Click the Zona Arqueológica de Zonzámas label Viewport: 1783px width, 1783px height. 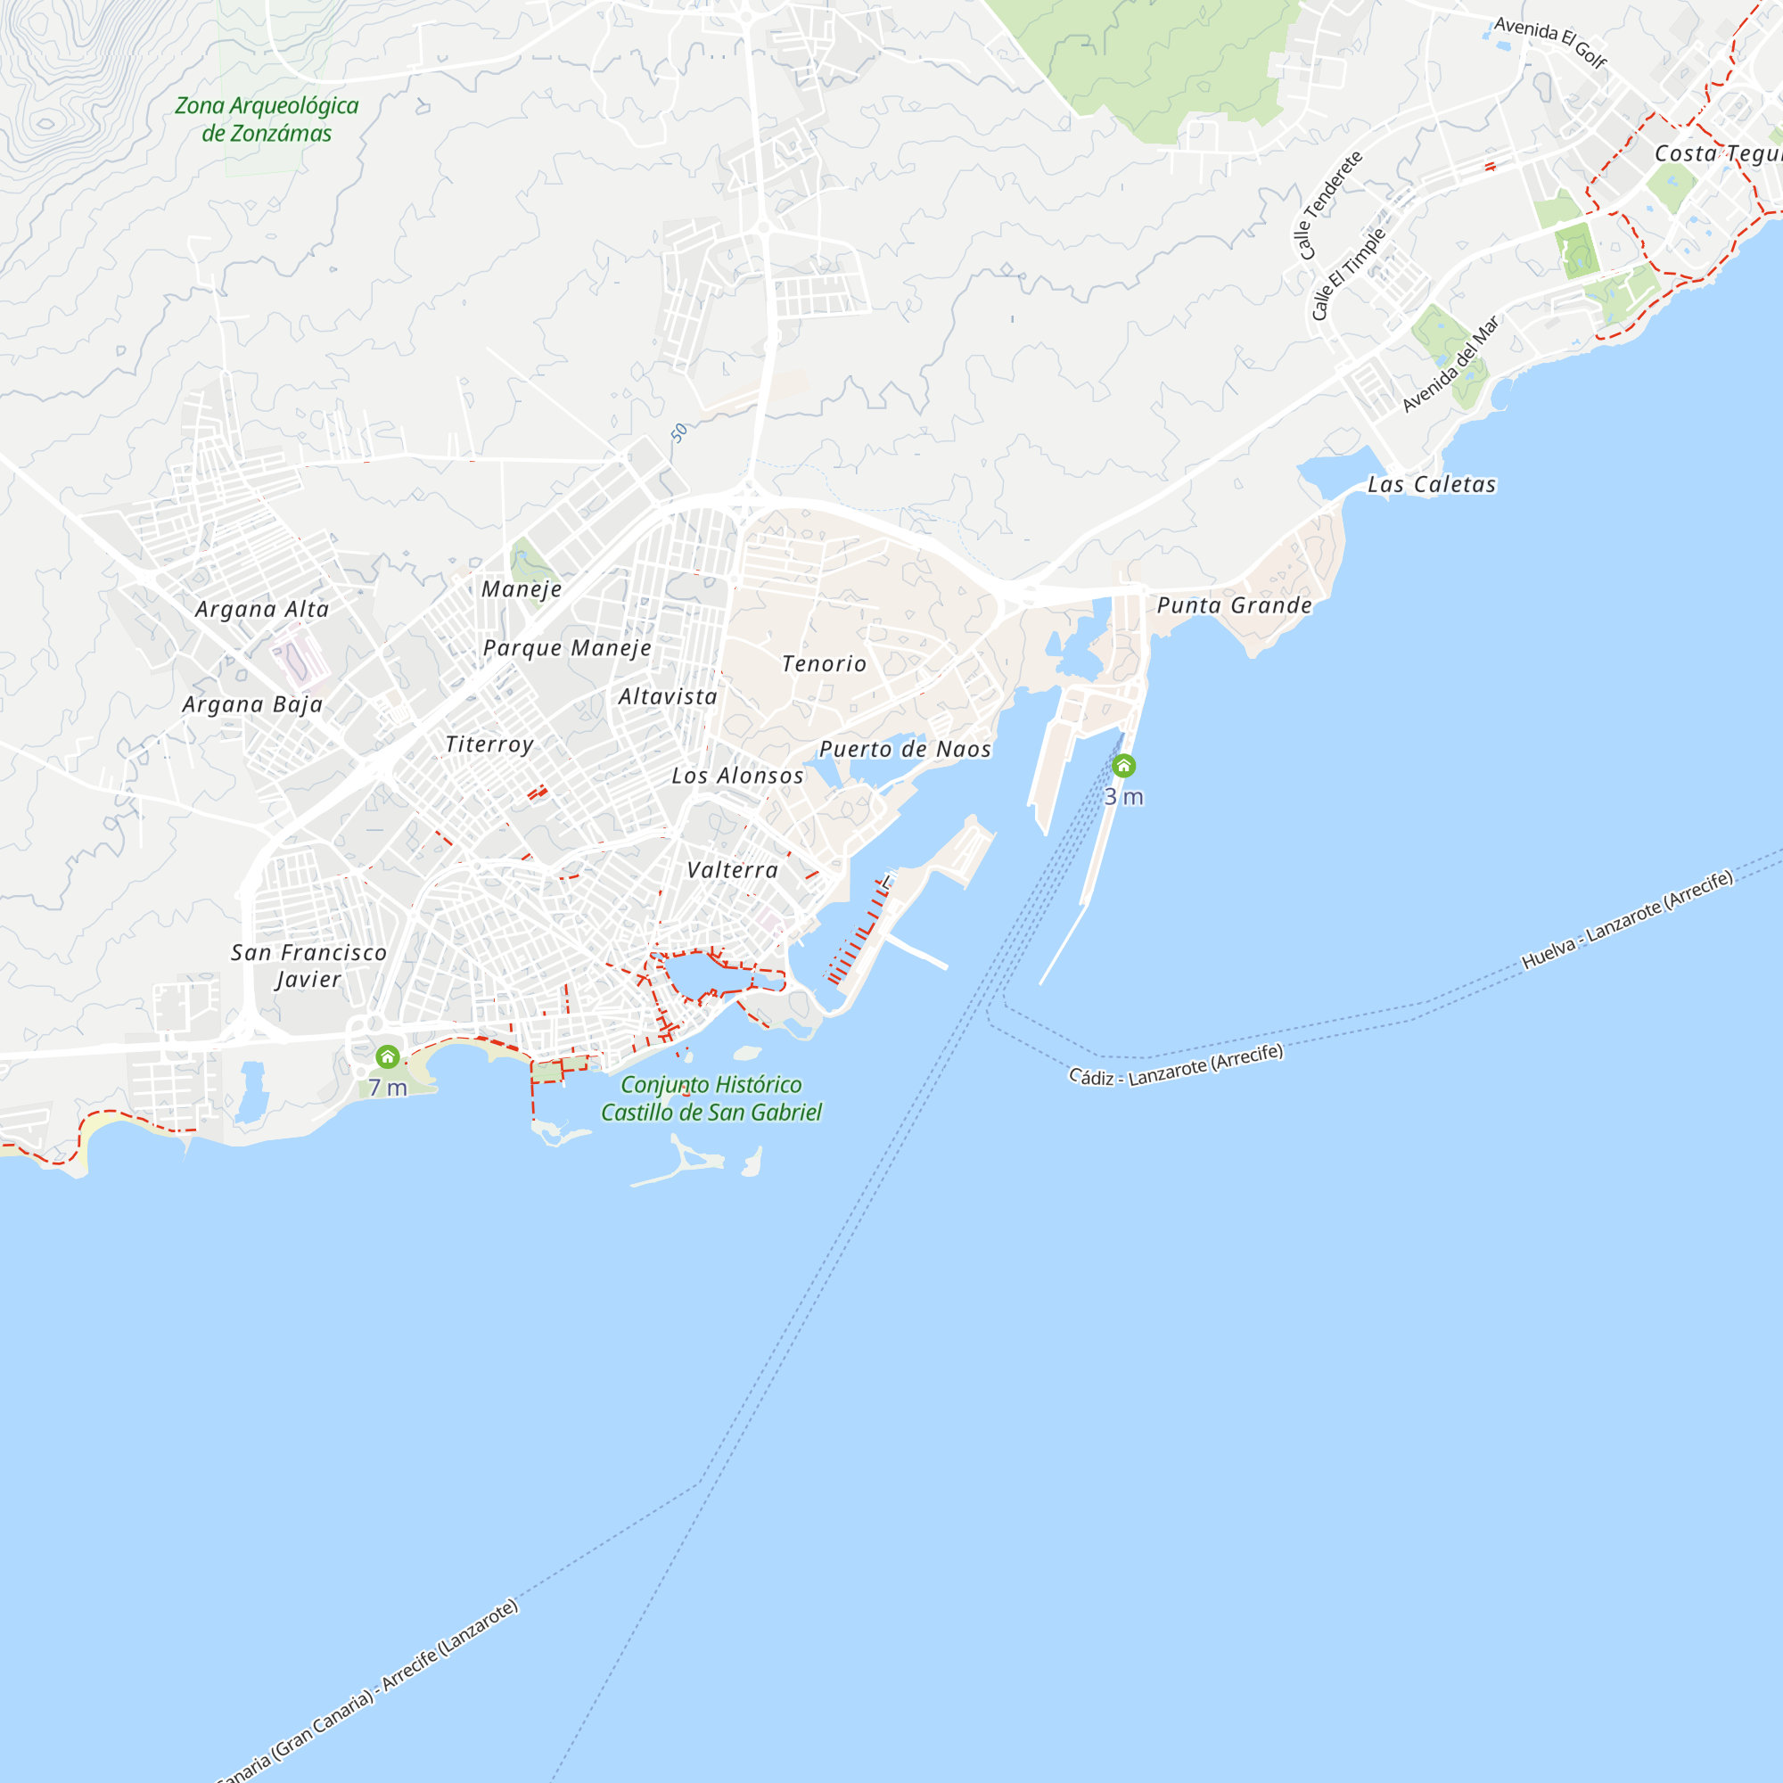point(267,119)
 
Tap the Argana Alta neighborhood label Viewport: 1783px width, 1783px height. point(262,609)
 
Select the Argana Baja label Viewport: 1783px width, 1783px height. point(253,704)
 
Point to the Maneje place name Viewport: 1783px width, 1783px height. point(522,588)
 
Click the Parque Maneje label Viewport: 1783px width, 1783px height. point(567,648)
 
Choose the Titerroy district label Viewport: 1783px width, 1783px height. point(489,744)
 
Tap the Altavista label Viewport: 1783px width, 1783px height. point(667,697)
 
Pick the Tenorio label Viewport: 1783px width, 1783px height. point(824,663)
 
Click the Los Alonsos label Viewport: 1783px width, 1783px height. point(737,776)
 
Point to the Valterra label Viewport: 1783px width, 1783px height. point(733,869)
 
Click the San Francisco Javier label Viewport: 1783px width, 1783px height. point(308,965)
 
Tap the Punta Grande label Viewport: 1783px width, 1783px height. point(1234,605)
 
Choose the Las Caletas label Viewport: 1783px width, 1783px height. point(1432,484)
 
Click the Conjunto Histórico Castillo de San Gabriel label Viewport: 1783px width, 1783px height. point(711,1098)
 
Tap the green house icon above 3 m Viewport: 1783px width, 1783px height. point(1123,765)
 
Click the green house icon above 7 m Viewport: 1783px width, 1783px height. point(388,1056)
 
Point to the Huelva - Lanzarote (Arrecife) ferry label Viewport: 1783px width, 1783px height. point(1627,919)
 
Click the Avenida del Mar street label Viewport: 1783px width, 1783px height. point(1450,364)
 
